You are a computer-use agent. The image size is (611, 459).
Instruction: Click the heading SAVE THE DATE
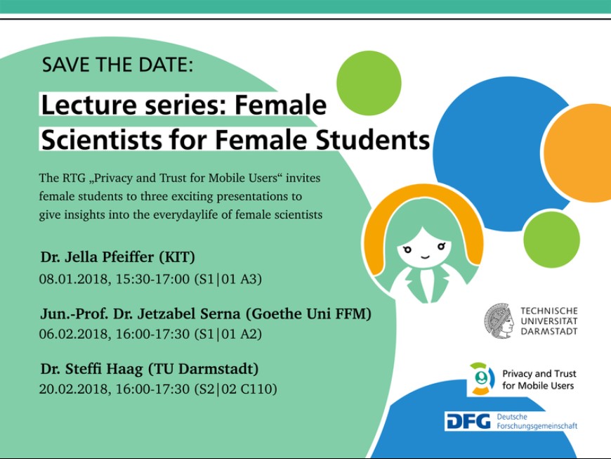[x=117, y=65]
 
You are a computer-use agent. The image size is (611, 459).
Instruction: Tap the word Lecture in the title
[x=89, y=105]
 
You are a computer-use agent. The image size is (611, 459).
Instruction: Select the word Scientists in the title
[x=101, y=140]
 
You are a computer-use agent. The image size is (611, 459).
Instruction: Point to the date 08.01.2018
[x=73, y=279]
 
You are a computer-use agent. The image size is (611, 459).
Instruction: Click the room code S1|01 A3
[x=228, y=279]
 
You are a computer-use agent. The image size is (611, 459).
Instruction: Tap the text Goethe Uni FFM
[x=308, y=314]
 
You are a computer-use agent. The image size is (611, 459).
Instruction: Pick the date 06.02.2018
[x=73, y=334]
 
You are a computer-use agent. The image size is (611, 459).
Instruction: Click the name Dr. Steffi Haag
[x=91, y=369]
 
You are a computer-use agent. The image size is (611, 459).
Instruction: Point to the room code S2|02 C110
[x=235, y=389]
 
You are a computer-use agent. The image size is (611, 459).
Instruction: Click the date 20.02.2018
[x=73, y=389]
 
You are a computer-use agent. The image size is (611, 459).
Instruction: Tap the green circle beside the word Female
[x=369, y=83]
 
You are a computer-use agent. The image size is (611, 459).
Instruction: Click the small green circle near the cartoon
[x=551, y=240]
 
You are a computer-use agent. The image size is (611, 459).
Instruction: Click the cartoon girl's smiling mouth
[x=425, y=257]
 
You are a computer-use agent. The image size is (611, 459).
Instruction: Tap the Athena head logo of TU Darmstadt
[x=499, y=321]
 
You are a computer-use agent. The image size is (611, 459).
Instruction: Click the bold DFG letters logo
[x=468, y=421]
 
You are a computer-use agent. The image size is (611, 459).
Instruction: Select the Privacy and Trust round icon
[x=482, y=379]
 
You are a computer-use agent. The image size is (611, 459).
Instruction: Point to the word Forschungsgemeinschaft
[x=537, y=426]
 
